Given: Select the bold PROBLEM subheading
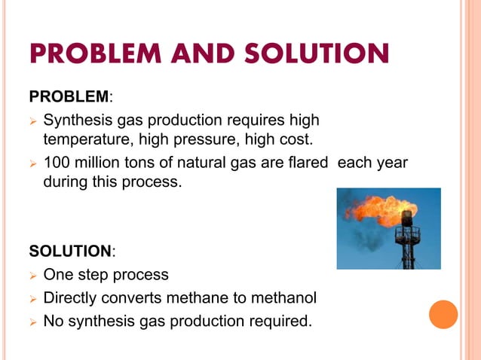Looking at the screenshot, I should (69, 97).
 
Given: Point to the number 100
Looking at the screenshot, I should (57, 163).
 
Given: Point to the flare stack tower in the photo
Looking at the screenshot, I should (407, 241).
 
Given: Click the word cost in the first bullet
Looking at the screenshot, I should (293, 139).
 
